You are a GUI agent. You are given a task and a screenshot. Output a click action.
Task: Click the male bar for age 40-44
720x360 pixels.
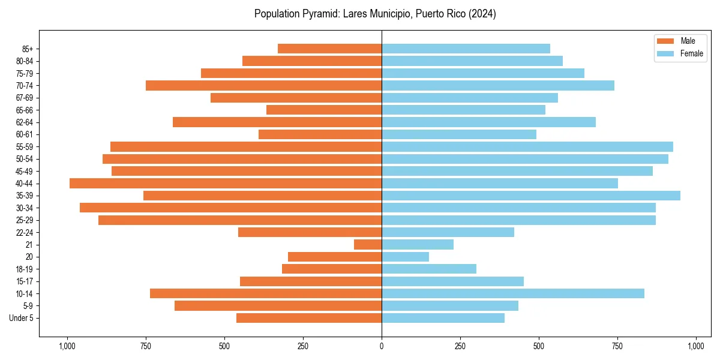point(226,184)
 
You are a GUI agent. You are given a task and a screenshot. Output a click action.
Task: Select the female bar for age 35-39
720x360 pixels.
point(531,196)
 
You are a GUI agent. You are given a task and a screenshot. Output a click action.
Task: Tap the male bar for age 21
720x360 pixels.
point(368,245)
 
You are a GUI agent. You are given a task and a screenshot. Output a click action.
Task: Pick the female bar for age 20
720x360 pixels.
point(406,257)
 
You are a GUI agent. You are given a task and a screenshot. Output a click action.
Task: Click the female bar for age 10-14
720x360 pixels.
point(513,293)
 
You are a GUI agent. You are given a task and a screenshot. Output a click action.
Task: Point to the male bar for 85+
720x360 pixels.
point(330,49)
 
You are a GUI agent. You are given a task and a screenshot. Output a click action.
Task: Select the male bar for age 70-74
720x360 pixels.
point(264,86)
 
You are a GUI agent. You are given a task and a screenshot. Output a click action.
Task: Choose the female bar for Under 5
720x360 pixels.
point(443,318)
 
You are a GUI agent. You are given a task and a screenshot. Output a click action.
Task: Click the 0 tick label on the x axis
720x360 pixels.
point(382,346)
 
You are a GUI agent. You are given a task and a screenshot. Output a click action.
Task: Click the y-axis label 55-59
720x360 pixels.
point(25,147)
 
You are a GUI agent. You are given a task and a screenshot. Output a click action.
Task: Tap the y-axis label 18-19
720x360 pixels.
point(25,269)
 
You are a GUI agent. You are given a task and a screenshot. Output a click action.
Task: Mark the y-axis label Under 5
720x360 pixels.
point(22,318)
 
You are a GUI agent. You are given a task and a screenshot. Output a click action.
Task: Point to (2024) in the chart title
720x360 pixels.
point(482,14)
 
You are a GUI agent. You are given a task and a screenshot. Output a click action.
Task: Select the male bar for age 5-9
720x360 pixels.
point(278,306)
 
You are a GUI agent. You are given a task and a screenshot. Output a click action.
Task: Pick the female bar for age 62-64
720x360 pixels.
point(488,122)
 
